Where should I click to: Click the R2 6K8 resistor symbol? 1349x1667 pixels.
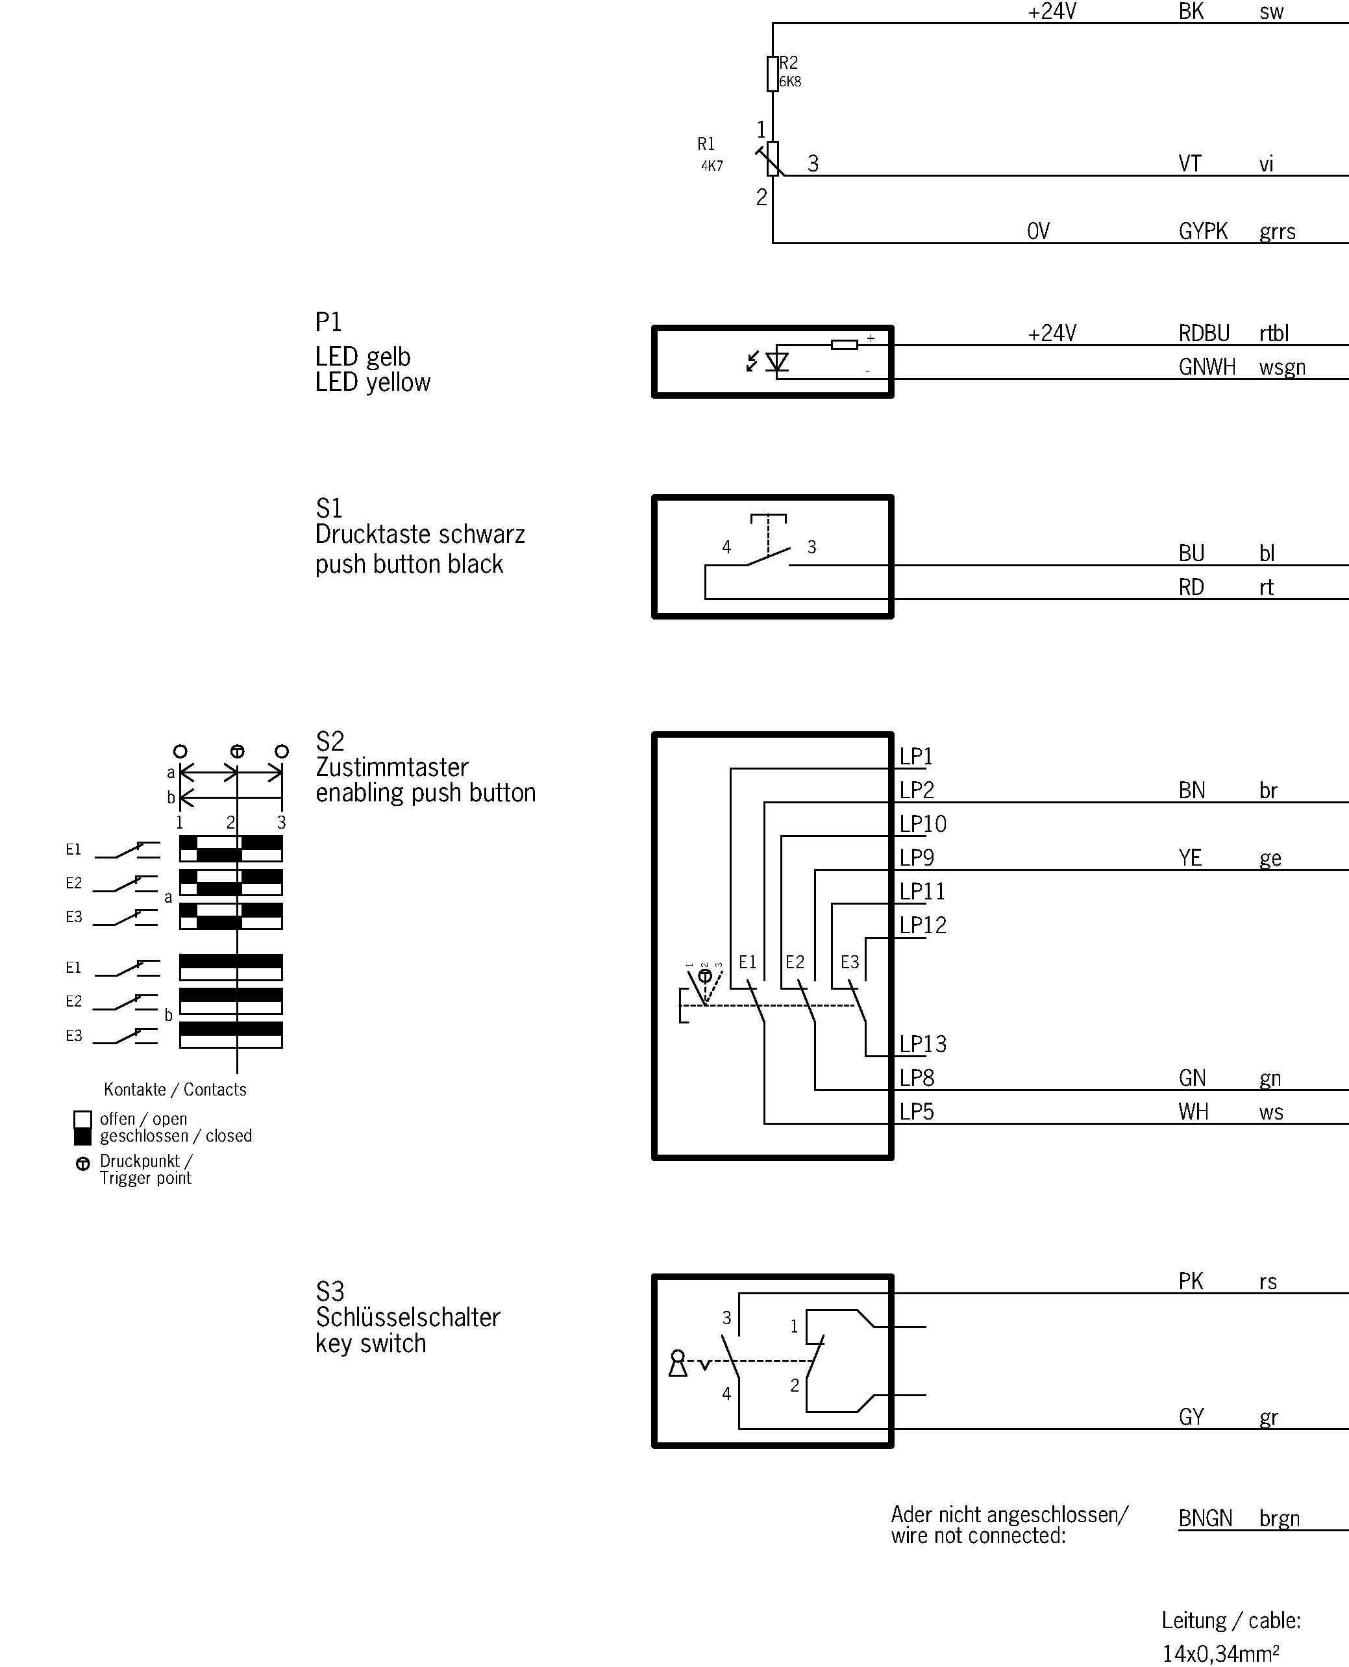pyautogui.click(x=773, y=74)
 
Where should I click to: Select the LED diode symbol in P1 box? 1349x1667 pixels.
pyautogui.click(x=776, y=362)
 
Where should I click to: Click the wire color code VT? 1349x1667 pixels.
pyautogui.click(x=1190, y=164)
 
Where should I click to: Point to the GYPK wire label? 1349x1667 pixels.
pyautogui.click(x=1203, y=232)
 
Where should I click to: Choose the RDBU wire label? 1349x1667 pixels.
pyautogui.click(x=1204, y=333)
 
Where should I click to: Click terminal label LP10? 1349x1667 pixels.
pyautogui.click(x=922, y=824)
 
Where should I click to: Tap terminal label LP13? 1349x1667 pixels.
pyautogui.click(x=922, y=1044)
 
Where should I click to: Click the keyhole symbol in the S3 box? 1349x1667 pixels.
pyautogui.click(x=678, y=1363)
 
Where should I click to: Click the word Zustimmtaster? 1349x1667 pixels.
pyautogui.click(x=391, y=767)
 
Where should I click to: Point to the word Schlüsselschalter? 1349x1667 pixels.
pyautogui.click(x=407, y=1317)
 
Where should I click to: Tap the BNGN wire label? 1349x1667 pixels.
pyautogui.click(x=1206, y=1518)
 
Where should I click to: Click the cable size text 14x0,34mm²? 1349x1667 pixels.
pyautogui.click(x=1220, y=1652)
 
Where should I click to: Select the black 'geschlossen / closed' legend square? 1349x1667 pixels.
pyautogui.click(x=82, y=1136)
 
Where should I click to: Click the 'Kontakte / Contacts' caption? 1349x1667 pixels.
pyautogui.click(x=175, y=1090)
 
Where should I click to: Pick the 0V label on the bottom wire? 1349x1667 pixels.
pyautogui.click(x=1038, y=232)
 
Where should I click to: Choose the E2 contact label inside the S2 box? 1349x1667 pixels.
pyautogui.click(x=794, y=962)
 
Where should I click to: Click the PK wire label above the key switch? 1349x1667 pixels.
pyautogui.click(x=1191, y=1281)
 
